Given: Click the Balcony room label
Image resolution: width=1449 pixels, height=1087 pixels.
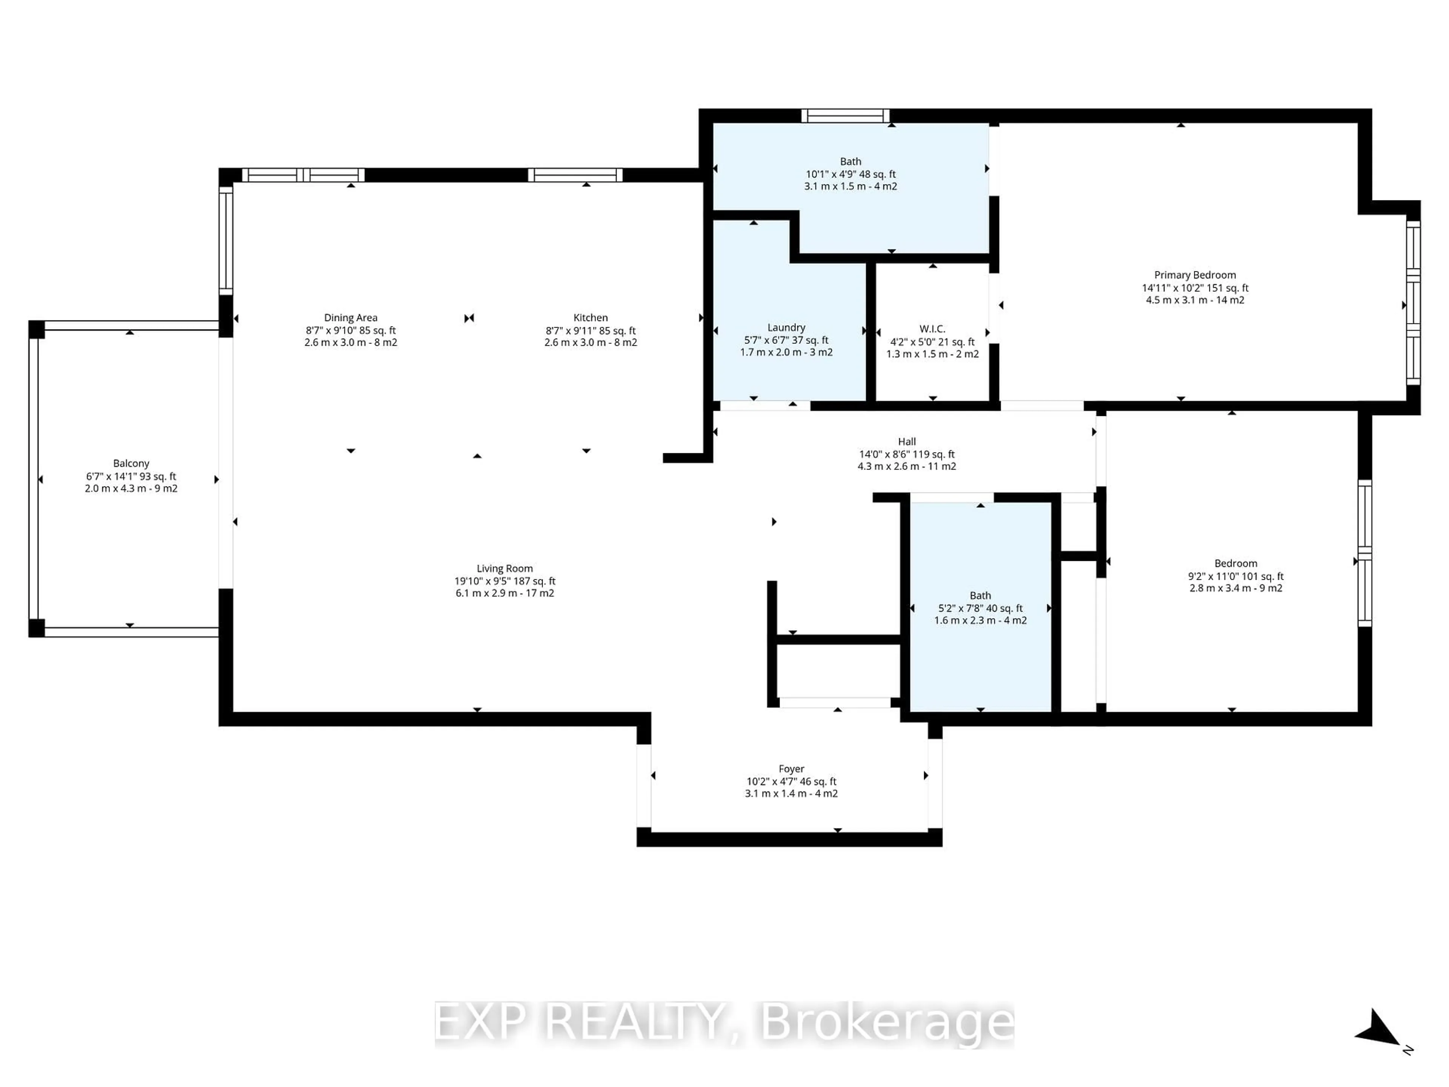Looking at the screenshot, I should [x=131, y=463].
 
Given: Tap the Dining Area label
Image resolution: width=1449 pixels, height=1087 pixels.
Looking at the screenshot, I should [x=351, y=318].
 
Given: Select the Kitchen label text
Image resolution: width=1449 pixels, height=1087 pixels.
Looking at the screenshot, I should [x=590, y=318].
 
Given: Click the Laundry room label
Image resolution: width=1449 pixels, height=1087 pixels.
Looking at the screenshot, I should [x=786, y=328].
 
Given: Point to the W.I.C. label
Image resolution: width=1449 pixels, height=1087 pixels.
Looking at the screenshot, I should [x=932, y=329].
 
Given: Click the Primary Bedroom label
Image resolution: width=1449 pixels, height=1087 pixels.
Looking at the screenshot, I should [x=1195, y=275].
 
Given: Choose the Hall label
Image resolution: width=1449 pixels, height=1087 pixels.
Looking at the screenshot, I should [x=907, y=442].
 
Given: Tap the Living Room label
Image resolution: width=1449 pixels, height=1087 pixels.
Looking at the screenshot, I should [x=505, y=569].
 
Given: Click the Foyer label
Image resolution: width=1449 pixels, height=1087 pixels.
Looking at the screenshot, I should [x=791, y=768].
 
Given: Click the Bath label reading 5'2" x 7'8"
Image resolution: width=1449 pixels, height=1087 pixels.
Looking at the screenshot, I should [x=980, y=608].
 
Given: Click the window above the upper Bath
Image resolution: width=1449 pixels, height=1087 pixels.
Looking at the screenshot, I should [x=845, y=116].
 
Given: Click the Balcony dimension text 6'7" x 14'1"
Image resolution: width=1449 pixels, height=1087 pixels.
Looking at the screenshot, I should [x=131, y=476].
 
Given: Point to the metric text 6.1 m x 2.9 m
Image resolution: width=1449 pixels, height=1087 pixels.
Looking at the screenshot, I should [x=505, y=593].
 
